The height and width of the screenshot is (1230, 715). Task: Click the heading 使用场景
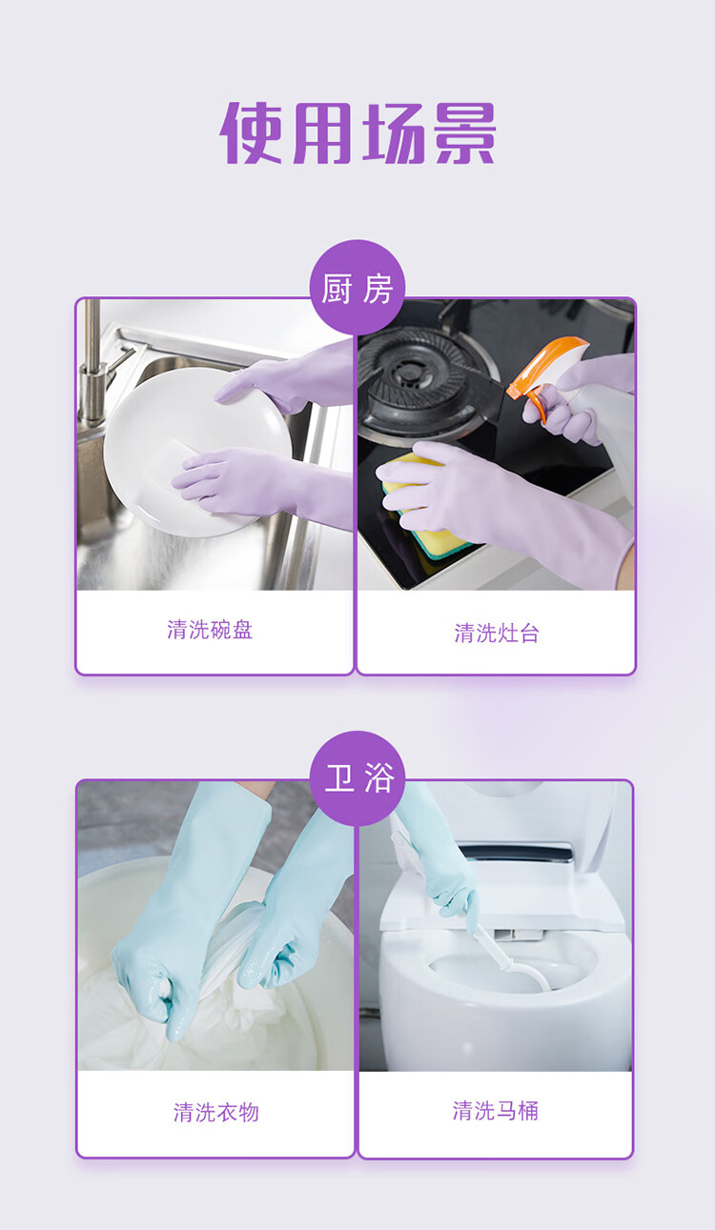(x=357, y=132)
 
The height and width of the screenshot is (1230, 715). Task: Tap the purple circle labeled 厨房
(x=357, y=287)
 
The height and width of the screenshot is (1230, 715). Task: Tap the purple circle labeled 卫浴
(x=357, y=778)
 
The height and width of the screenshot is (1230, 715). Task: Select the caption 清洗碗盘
(x=210, y=629)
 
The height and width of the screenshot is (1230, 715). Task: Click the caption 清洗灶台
(x=497, y=633)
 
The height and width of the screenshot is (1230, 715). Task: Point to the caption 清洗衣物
(x=216, y=1112)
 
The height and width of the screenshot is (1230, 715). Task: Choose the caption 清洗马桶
(x=495, y=1110)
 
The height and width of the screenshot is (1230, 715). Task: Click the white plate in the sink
(x=198, y=452)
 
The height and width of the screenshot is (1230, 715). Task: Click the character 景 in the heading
(x=465, y=132)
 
